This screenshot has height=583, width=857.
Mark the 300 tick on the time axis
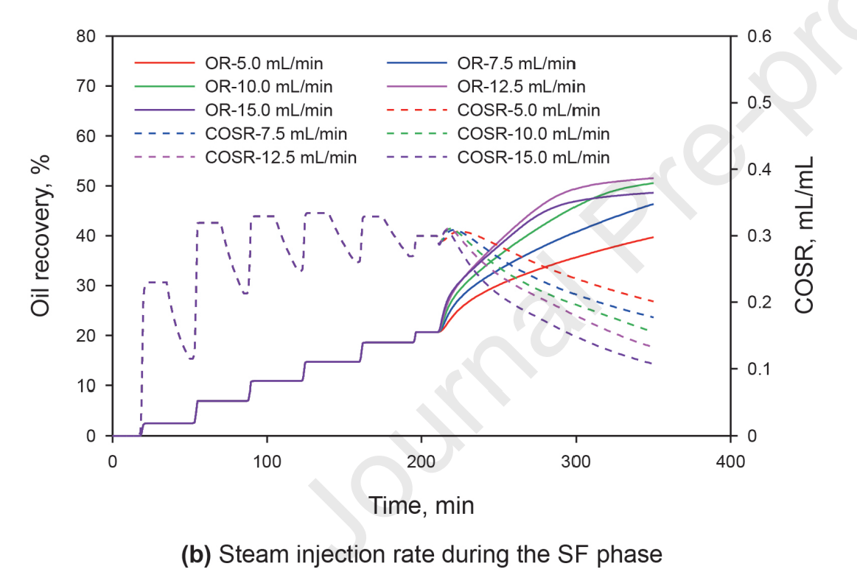click(576, 461)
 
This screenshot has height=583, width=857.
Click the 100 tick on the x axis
click(267, 461)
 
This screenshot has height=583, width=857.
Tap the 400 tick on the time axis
click(730, 461)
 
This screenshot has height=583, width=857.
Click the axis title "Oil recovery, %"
click(43, 236)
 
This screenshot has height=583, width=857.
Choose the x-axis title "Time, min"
click(421, 505)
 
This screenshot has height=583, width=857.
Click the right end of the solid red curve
click(653, 237)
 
